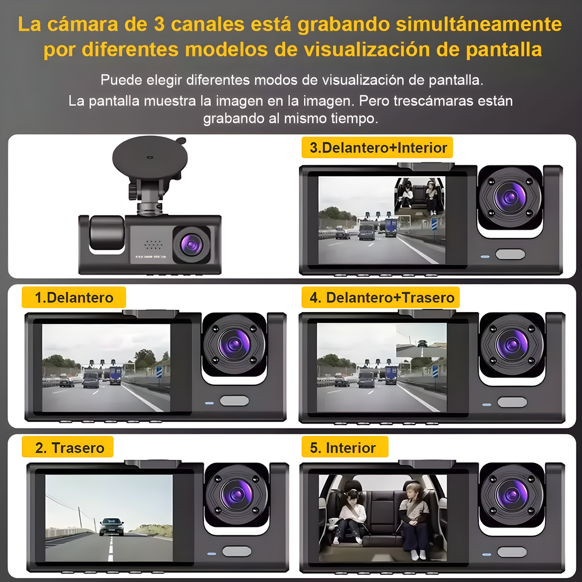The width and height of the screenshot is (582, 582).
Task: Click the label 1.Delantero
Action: point(74,297)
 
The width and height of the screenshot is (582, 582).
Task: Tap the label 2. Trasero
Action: point(69,447)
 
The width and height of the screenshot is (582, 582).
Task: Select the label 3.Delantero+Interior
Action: point(378,148)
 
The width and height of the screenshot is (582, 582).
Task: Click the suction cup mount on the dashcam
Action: point(149,156)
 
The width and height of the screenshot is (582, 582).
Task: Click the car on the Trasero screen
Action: point(111,526)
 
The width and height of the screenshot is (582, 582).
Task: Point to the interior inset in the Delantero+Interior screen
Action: point(419,197)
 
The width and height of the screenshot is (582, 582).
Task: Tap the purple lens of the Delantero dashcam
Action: point(235,344)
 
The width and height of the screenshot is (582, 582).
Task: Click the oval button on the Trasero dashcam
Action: point(236,551)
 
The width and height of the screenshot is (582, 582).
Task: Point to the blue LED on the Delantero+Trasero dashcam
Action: point(486,405)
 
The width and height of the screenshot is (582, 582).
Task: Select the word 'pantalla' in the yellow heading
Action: point(504,49)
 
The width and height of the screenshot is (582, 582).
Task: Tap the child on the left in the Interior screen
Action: point(351,514)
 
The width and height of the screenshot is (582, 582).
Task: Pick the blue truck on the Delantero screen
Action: point(116,375)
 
